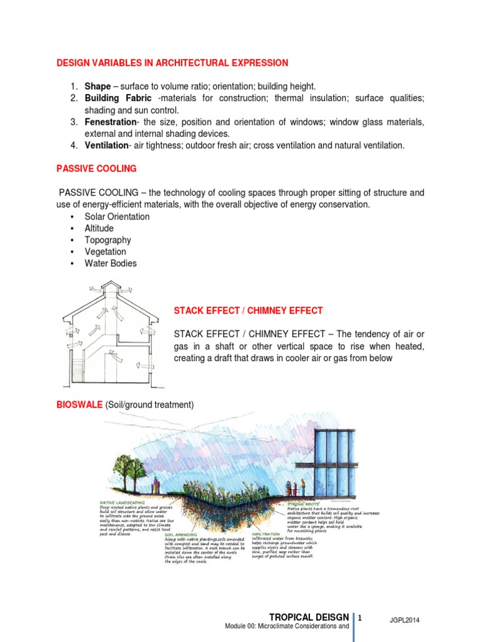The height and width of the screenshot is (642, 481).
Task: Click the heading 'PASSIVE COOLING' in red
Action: click(96, 169)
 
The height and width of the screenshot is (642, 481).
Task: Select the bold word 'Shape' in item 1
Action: click(97, 86)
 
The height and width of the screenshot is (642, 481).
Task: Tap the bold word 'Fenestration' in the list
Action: click(110, 122)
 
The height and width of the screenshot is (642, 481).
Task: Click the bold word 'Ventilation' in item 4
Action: click(106, 145)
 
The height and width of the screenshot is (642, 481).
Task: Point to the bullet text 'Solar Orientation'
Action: click(117, 216)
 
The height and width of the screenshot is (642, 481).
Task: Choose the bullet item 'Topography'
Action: click(108, 240)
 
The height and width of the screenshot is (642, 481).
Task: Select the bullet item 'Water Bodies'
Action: click(110, 263)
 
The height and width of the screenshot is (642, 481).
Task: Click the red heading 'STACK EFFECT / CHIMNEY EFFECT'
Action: click(248, 310)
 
